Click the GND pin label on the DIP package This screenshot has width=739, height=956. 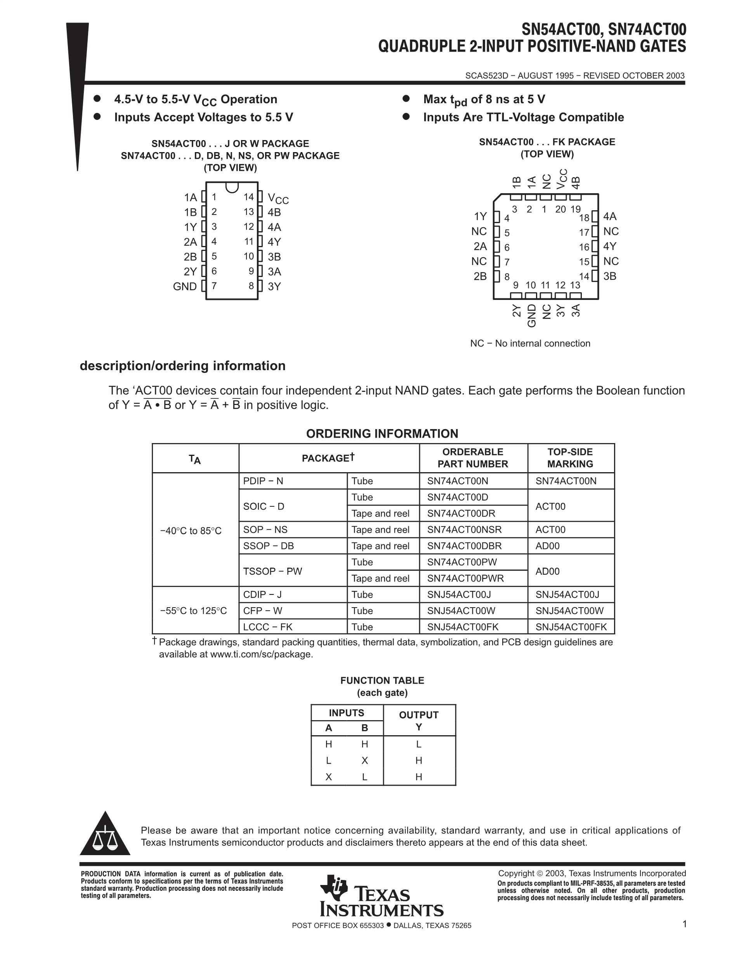pos(185,287)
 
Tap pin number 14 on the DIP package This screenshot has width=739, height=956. pos(249,197)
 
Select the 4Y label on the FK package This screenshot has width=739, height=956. pos(609,246)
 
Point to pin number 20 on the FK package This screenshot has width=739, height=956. pos(560,210)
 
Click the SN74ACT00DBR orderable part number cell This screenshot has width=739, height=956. pos(464,546)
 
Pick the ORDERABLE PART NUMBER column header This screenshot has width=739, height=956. pos(473,458)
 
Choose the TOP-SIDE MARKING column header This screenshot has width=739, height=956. pos(570,458)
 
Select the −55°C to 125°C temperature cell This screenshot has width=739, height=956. pos(194,611)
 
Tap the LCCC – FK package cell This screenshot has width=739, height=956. pos(268,627)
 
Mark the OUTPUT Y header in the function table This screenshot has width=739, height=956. pos(418,720)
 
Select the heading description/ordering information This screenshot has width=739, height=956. pos(182,366)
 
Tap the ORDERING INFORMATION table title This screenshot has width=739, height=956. pos(382,434)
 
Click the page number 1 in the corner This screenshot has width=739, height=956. pos(684,924)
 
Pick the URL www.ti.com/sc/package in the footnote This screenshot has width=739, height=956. pos(261,655)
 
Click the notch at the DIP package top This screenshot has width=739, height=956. pos(232,187)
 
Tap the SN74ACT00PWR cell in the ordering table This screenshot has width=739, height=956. pos(465,578)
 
